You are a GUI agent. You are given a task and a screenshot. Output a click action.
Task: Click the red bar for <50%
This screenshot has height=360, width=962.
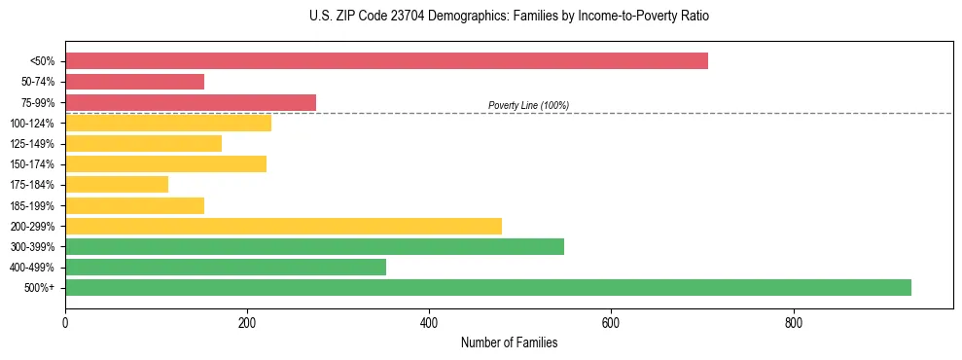tap(386, 61)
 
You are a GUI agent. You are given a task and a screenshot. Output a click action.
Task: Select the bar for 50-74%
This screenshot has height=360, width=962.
tap(134, 82)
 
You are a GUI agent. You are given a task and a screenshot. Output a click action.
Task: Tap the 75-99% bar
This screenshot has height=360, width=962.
tap(191, 102)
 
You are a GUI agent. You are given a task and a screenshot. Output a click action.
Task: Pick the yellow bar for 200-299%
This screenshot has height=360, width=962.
tap(283, 226)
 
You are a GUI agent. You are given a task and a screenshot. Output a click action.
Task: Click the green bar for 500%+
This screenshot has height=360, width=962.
tap(488, 287)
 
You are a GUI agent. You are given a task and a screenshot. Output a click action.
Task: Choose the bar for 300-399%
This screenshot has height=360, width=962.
tap(314, 246)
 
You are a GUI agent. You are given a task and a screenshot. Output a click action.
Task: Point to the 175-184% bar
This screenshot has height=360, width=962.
tap(117, 185)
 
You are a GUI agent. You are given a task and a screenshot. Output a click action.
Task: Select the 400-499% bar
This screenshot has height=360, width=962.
tap(226, 267)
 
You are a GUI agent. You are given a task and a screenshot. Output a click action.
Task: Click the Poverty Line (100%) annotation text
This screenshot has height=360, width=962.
tap(528, 105)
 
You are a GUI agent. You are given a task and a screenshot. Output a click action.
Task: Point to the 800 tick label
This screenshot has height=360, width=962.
tap(793, 322)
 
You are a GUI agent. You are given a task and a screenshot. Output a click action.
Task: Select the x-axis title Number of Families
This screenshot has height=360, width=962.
tap(509, 342)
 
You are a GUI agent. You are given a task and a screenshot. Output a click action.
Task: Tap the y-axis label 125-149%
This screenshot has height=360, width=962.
tap(32, 144)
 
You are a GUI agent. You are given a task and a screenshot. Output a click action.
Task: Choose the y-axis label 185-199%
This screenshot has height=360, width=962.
tap(32, 205)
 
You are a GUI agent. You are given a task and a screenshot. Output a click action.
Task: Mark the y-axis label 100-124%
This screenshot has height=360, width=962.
tap(32, 124)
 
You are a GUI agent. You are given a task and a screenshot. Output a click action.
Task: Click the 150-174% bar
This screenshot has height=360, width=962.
tap(165, 164)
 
